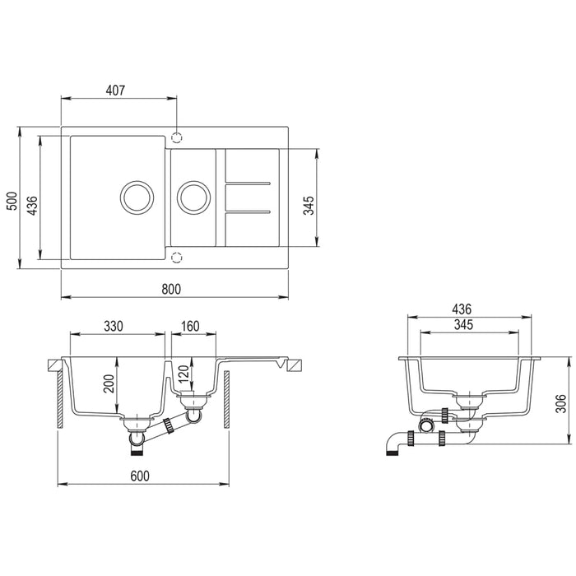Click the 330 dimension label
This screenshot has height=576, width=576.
click(x=113, y=326)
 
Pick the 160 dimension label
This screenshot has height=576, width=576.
click(x=189, y=326)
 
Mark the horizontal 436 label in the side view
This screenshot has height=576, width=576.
click(x=461, y=309)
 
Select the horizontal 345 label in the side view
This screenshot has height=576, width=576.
click(x=463, y=326)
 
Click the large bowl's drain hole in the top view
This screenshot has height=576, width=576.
click(x=136, y=197)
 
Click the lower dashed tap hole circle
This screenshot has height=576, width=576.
click(x=176, y=256)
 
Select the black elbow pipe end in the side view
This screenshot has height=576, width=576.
click(x=391, y=445)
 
